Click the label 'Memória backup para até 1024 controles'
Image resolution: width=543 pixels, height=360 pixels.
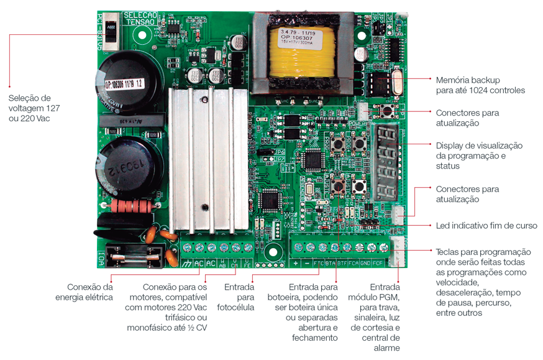point(480,85)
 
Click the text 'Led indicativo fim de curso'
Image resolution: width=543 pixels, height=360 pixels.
point(486,225)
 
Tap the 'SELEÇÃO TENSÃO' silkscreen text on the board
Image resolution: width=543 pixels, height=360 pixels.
point(140,18)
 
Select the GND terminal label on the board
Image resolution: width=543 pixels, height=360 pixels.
point(365,263)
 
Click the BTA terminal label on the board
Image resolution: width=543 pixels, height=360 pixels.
point(330,263)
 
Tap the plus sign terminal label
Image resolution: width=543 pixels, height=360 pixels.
point(296,263)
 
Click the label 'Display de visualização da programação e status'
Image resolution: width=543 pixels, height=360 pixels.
point(479,155)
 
